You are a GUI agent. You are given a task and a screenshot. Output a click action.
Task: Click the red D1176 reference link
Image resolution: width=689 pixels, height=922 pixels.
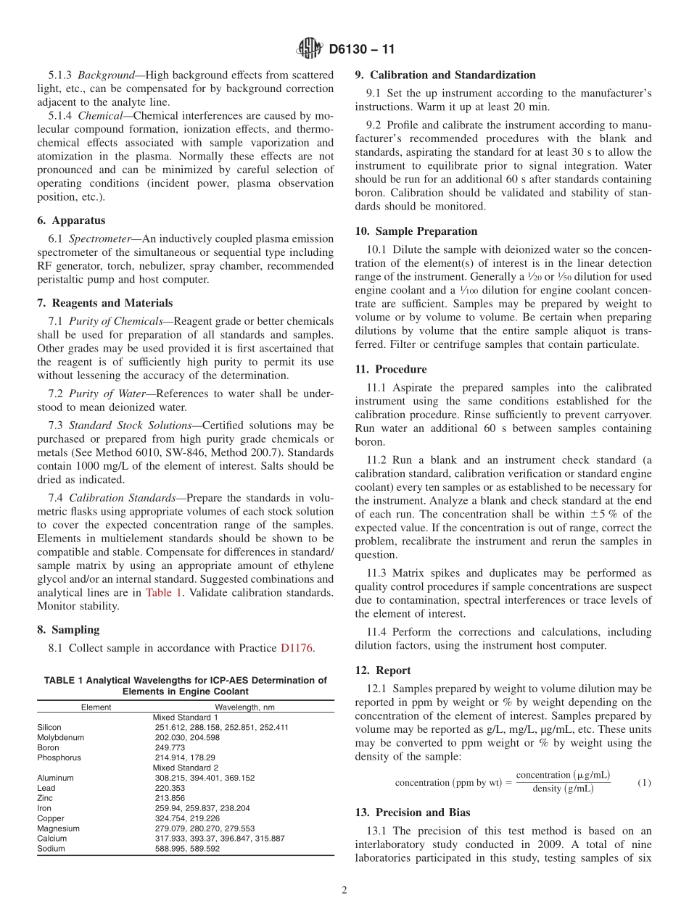(297, 648)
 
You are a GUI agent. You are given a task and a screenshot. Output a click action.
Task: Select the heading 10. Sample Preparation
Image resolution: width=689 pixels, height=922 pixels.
(416, 231)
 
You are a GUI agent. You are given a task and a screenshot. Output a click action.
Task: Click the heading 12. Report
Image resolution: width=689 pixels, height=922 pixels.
(382, 670)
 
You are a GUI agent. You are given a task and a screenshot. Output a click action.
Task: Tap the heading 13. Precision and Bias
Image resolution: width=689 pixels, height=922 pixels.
(413, 813)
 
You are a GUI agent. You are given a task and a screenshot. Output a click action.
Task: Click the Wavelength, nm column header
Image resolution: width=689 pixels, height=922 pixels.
(244, 707)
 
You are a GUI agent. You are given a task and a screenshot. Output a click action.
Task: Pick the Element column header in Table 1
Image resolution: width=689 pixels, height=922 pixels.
(96, 707)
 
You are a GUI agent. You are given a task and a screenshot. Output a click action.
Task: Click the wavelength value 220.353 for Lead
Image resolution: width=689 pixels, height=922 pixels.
(170, 788)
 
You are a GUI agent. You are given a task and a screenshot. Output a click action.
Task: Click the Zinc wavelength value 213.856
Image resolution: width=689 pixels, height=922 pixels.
(170, 798)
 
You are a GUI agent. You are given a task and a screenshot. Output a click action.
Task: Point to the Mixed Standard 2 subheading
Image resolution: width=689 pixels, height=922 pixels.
(185, 768)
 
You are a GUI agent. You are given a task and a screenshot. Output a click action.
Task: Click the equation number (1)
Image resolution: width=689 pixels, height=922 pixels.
(644, 783)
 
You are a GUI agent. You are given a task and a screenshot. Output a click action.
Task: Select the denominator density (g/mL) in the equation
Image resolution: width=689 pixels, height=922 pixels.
(563, 789)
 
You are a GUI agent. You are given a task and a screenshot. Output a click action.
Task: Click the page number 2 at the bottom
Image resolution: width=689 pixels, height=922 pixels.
(344, 891)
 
